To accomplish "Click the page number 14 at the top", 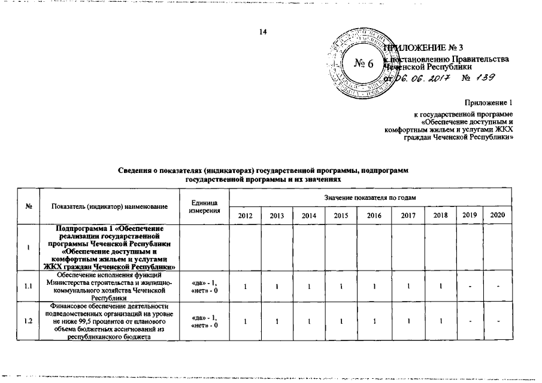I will (262, 32).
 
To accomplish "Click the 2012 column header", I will (244, 215).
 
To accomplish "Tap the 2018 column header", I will (439, 214).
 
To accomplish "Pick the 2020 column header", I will (497, 214).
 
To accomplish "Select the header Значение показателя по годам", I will (370, 197).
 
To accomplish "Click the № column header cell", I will (29, 206).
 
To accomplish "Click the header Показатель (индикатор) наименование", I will (109, 206).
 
